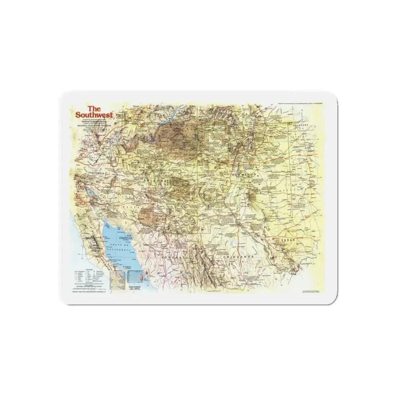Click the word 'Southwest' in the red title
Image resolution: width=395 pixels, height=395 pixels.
94,115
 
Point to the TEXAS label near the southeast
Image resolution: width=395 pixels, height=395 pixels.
288,240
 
